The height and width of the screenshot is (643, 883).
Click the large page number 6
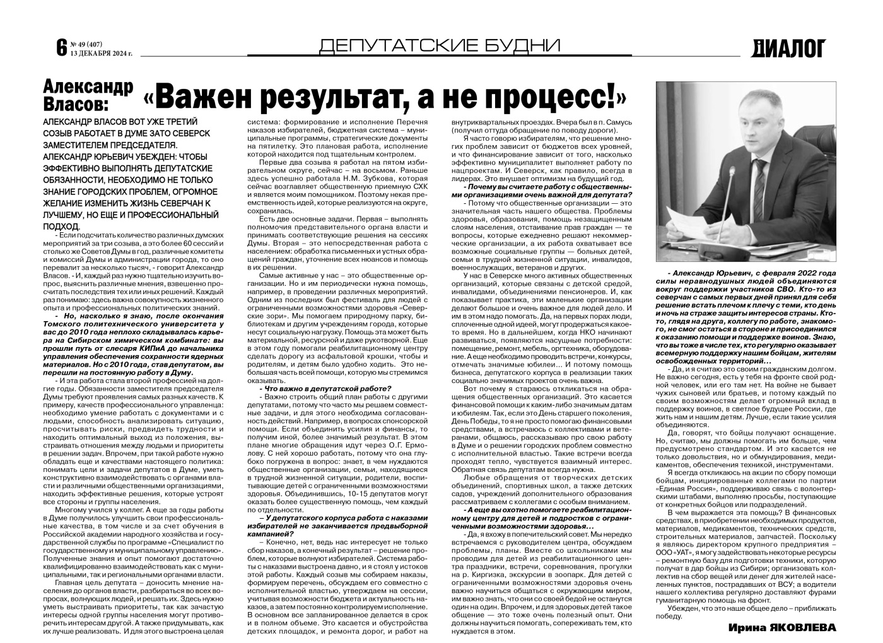[x=61, y=47]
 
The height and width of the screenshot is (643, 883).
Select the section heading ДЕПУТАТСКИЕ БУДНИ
[x=440, y=45]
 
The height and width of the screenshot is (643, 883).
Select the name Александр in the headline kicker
[x=88, y=87]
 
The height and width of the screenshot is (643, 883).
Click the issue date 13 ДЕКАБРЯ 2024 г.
[x=101, y=52]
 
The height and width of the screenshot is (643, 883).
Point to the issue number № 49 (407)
[x=86, y=44]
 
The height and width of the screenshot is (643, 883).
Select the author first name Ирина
[x=745, y=628]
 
